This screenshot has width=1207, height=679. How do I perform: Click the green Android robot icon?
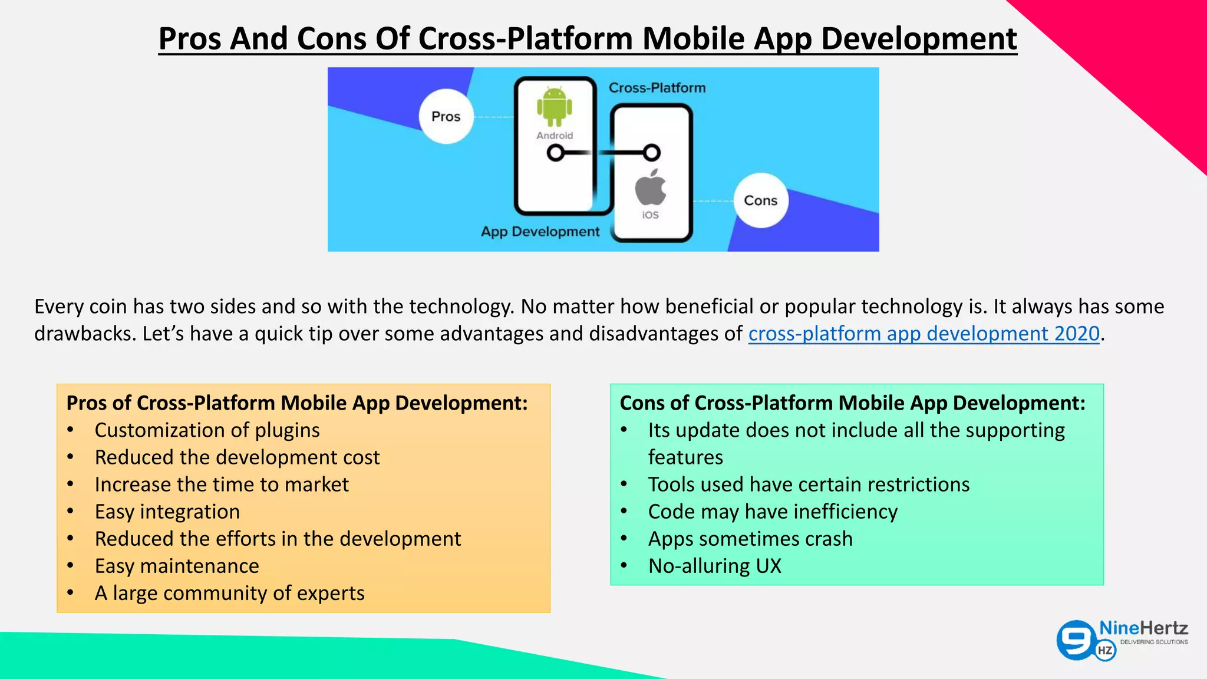(554, 107)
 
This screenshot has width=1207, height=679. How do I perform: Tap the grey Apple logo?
(651, 188)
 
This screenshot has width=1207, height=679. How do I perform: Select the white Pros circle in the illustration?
(446, 117)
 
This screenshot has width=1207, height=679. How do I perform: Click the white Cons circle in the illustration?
(761, 200)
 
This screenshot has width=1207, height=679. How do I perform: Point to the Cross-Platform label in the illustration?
(657, 88)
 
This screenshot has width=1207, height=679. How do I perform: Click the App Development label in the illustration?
(540, 232)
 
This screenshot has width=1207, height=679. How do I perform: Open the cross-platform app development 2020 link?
(924, 334)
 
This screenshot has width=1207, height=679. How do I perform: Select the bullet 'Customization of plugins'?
(207, 430)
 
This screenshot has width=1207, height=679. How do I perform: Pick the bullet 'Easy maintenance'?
(177, 566)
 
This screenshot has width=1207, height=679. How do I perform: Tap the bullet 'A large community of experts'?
(229, 593)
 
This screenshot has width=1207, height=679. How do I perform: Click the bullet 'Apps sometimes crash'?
(750, 539)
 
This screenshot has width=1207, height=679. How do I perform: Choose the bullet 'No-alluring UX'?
(714, 566)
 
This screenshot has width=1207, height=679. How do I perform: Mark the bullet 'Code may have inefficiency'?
(773, 512)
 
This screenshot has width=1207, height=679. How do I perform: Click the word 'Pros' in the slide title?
(190, 39)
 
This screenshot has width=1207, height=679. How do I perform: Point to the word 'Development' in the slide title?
(919, 39)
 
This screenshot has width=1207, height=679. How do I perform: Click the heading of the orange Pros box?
(297, 403)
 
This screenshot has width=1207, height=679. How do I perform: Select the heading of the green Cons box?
(852, 403)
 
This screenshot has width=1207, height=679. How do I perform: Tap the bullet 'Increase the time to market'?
(222, 484)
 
